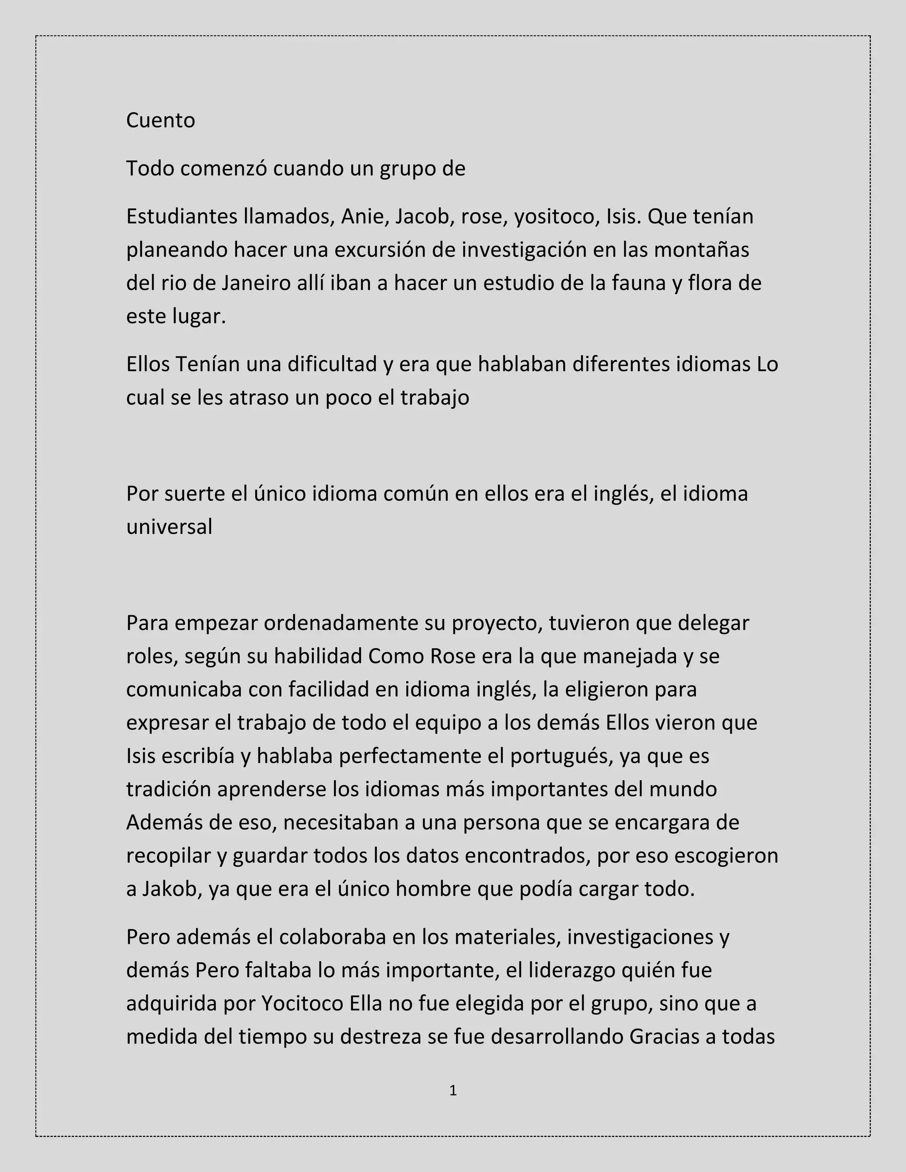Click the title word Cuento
click(161, 120)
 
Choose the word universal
click(169, 527)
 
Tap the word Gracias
click(664, 1037)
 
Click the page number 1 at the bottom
click(453, 1091)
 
